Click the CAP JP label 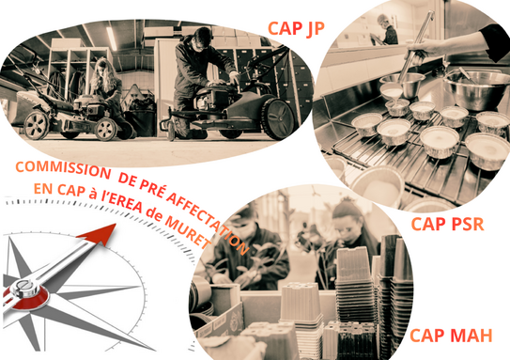tap(296, 28)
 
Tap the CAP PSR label tap(448, 224)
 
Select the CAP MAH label tap(451, 336)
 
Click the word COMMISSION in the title tap(63, 169)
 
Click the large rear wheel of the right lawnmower tap(277, 118)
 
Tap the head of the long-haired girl tap(102, 70)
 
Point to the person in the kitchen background tap(387, 30)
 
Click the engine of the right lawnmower tap(212, 97)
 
